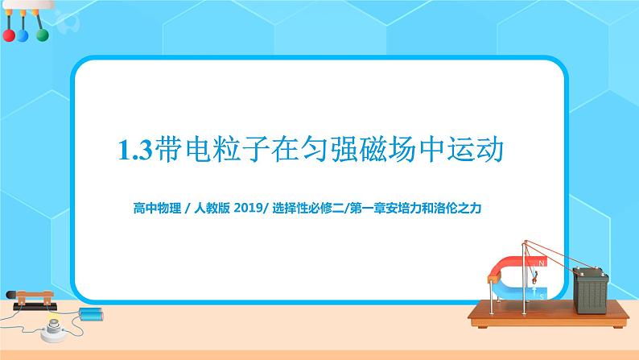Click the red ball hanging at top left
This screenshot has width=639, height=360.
click(9, 36)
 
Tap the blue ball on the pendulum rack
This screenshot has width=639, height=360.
click(23, 36)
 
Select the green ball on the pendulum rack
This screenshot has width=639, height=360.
click(40, 36)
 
